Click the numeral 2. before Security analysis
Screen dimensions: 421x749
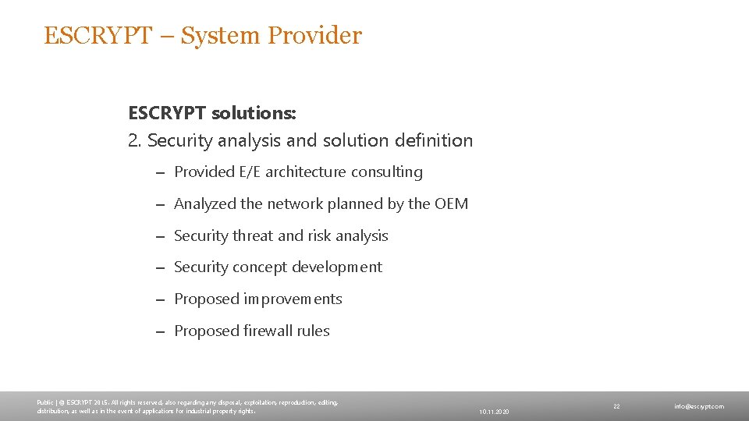[x=135, y=141]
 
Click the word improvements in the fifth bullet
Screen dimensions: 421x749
[x=293, y=299]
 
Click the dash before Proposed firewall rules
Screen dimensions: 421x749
[x=159, y=331]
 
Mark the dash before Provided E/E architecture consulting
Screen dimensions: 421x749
[x=159, y=172]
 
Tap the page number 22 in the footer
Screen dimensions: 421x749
[x=616, y=406]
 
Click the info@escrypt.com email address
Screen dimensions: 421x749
[x=699, y=406]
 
